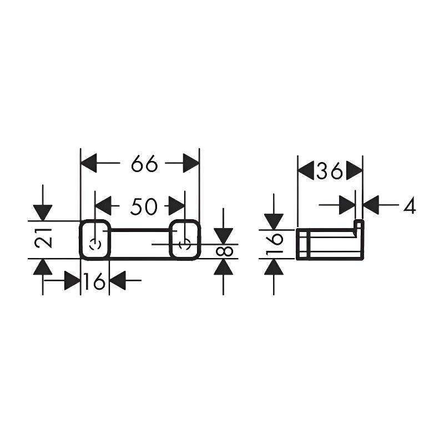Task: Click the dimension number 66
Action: coord(144,163)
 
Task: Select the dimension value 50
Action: coord(144,206)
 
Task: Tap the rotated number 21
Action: coord(43,238)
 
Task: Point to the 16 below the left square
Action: coord(94,281)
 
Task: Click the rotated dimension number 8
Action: coord(225,251)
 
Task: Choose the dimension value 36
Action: coord(330,171)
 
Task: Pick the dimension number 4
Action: coord(410,205)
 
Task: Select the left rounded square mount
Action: coord(95,240)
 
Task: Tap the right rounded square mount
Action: coord(185,240)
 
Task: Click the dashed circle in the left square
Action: coord(95,244)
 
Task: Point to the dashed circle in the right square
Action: coord(185,244)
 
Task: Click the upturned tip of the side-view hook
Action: coord(359,221)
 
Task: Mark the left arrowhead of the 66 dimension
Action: coord(89,163)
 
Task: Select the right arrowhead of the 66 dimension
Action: coord(191,163)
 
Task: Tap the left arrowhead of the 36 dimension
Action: coord(306,171)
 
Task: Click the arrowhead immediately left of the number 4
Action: coord(371,205)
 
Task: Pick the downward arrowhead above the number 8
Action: coord(224,236)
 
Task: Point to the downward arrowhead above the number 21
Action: coord(43,213)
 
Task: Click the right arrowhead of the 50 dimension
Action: coord(176,206)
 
